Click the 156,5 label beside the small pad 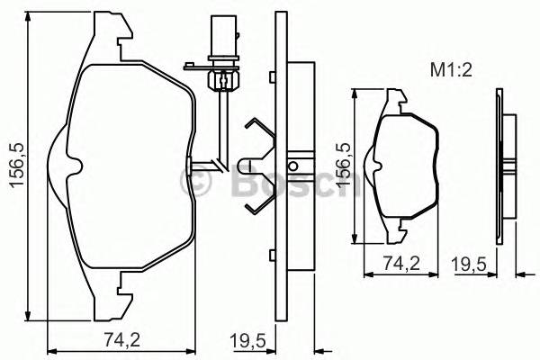(x=343, y=165)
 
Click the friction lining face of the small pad (x=406, y=166)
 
